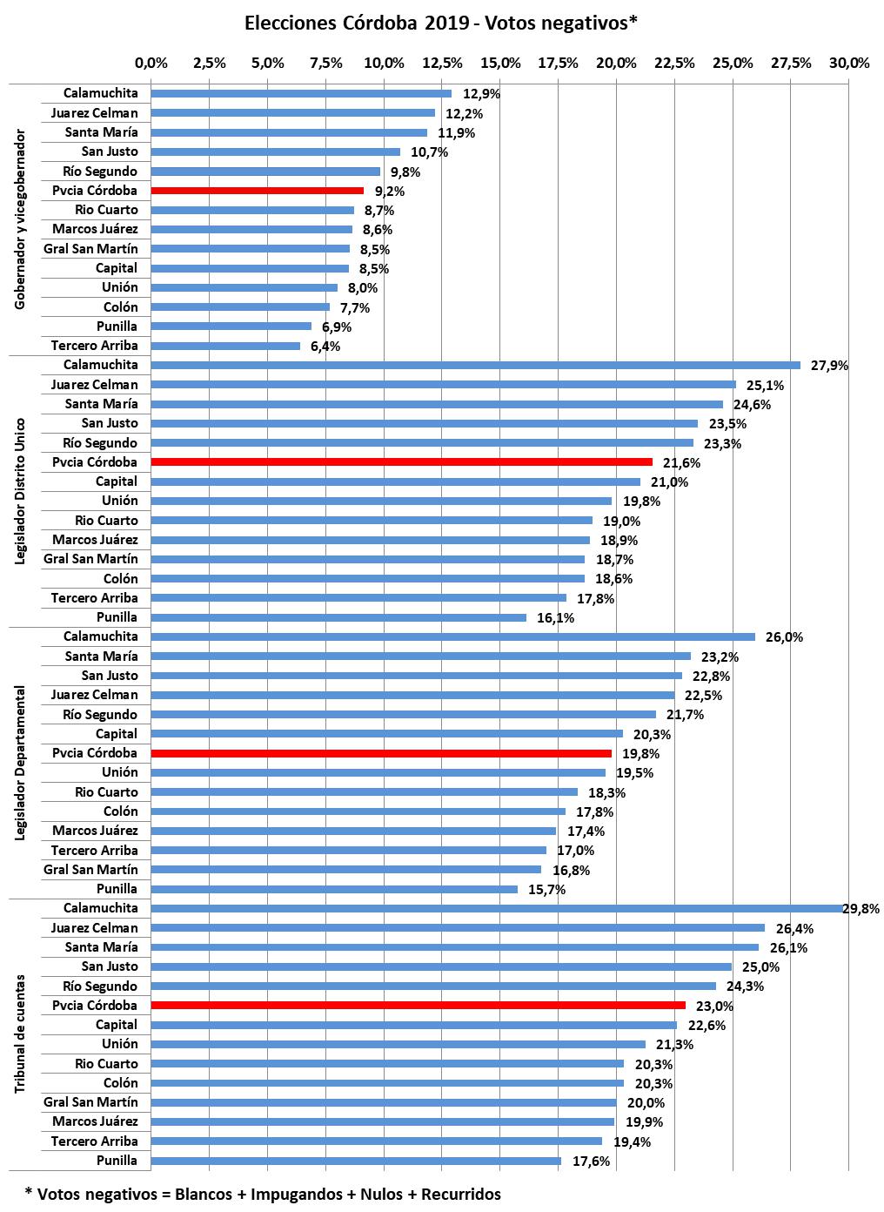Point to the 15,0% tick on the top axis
(x=500, y=63)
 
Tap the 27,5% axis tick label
(x=791, y=63)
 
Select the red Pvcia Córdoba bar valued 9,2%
(x=257, y=191)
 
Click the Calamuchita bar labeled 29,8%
(x=496, y=908)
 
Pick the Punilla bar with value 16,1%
(x=338, y=617)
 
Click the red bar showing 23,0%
(x=418, y=1006)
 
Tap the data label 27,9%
(x=829, y=366)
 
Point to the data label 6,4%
(x=325, y=347)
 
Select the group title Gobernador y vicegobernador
(x=21, y=219)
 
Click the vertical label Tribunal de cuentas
(x=21, y=1034)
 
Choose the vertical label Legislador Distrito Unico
(x=21, y=491)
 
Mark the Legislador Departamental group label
(x=21, y=763)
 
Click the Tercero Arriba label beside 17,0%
(x=94, y=851)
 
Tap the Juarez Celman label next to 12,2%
(x=94, y=113)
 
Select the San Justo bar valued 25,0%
(x=441, y=966)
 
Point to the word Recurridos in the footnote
(x=461, y=1194)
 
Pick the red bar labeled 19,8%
(x=381, y=753)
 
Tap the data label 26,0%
(x=784, y=637)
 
